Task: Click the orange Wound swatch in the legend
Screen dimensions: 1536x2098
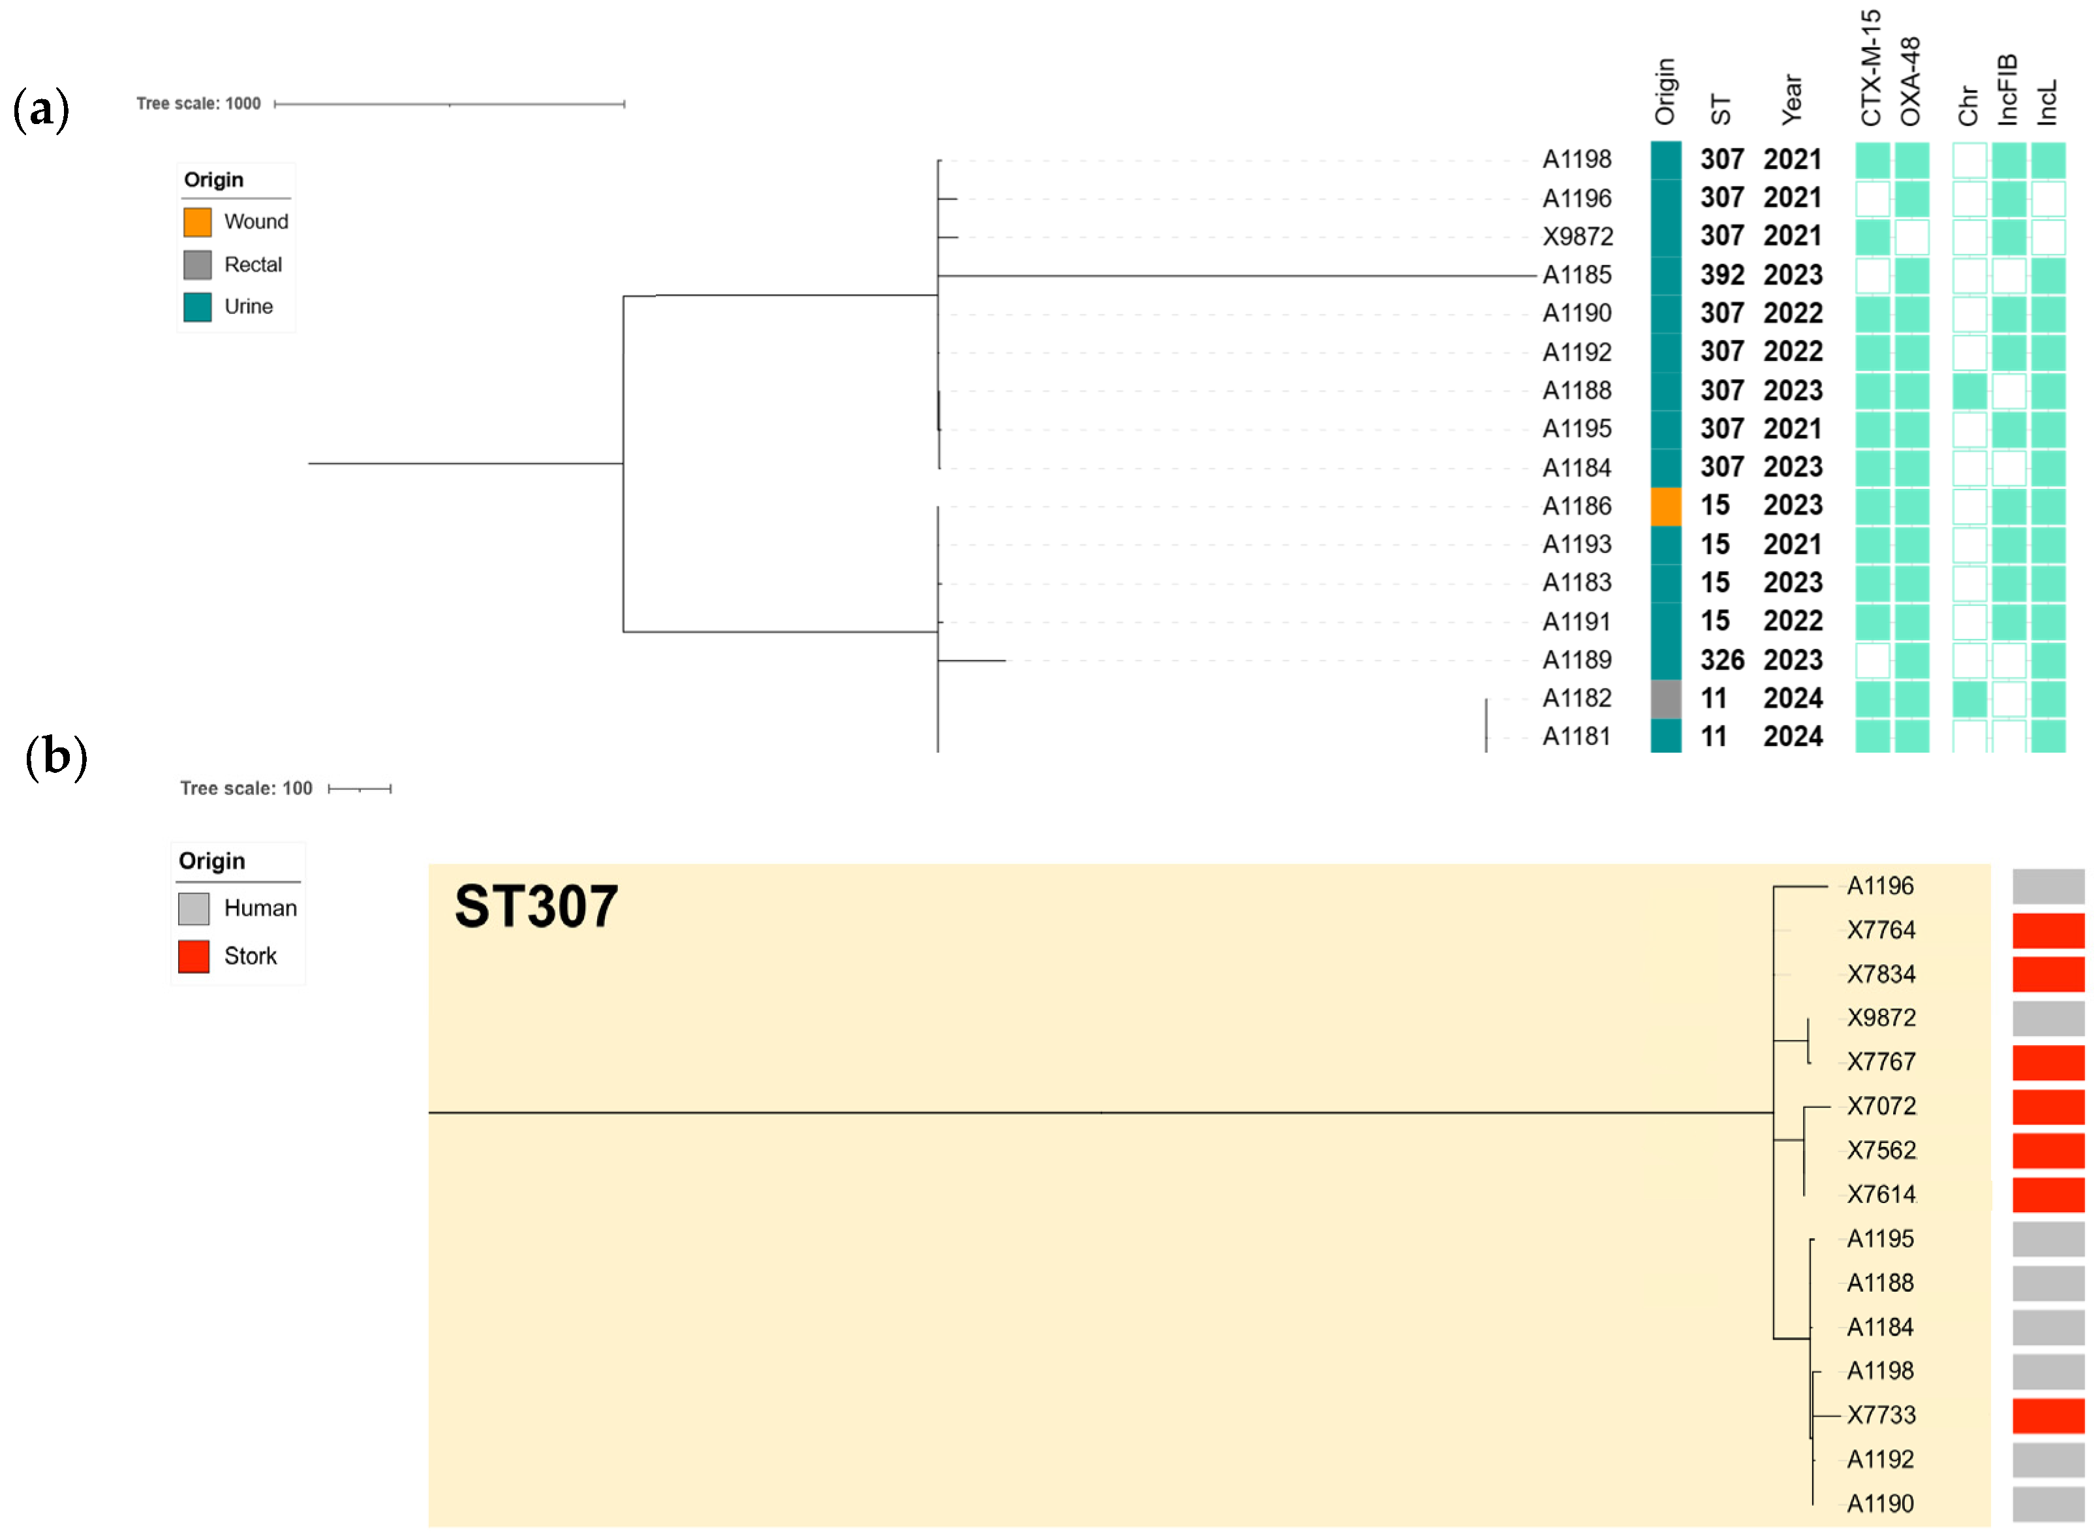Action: tap(197, 222)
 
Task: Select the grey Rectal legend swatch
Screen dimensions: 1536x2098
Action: tap(197, 265)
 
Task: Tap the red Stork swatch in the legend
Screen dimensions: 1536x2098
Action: tap(193, 956)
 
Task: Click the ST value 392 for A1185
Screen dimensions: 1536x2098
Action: tap(1721, 275)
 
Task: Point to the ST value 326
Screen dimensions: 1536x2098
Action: tap(1721, 660)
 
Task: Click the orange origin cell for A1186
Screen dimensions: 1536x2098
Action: tap(1666, 507)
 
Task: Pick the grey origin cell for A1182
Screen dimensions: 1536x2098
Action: tap(1666, 698)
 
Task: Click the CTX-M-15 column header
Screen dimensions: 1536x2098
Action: tap(1870, 68)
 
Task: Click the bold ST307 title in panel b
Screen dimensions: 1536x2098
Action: tap(536, 907)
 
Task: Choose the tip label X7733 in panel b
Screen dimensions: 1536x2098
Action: tap(1881, 1415)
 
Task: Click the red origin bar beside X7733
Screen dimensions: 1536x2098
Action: tap(2048, 1415)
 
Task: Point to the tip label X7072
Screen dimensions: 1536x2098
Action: tap(1881, 1106)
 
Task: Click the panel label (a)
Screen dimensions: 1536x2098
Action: tap(41, 110)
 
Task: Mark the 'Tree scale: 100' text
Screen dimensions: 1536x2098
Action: tap(246, 789)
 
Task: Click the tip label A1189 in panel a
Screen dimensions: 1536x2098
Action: tap(1577, 660)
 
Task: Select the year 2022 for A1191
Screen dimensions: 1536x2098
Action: tap(1792, 621)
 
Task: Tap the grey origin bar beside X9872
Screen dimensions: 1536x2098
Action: tap(2048, 1018)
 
